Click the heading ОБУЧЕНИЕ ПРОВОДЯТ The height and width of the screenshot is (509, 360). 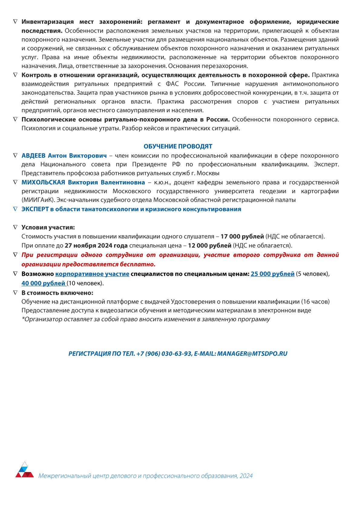click(178, 146)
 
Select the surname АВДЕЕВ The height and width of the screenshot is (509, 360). click(33, 155)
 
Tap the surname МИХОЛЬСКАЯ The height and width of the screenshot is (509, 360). click(43, 182)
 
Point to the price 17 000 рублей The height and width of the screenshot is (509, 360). click(242, 237)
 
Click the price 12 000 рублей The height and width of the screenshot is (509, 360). click(209, 246)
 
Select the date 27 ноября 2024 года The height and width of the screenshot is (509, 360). click(96, 246)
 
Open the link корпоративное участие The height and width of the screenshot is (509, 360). click(92, 274)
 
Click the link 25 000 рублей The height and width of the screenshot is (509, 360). click(272, 274)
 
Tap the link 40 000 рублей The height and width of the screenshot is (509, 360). click(43, 283)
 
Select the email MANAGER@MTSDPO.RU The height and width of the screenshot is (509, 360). click(252, 354)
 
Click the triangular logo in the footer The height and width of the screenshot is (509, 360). click(25, 470)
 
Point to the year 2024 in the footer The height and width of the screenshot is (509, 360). click(246, 476)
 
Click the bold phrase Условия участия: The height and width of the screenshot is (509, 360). click(48, 227)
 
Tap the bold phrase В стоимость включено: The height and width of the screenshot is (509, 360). click(57, 293)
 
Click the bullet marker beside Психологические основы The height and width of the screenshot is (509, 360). click(15, 119)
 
